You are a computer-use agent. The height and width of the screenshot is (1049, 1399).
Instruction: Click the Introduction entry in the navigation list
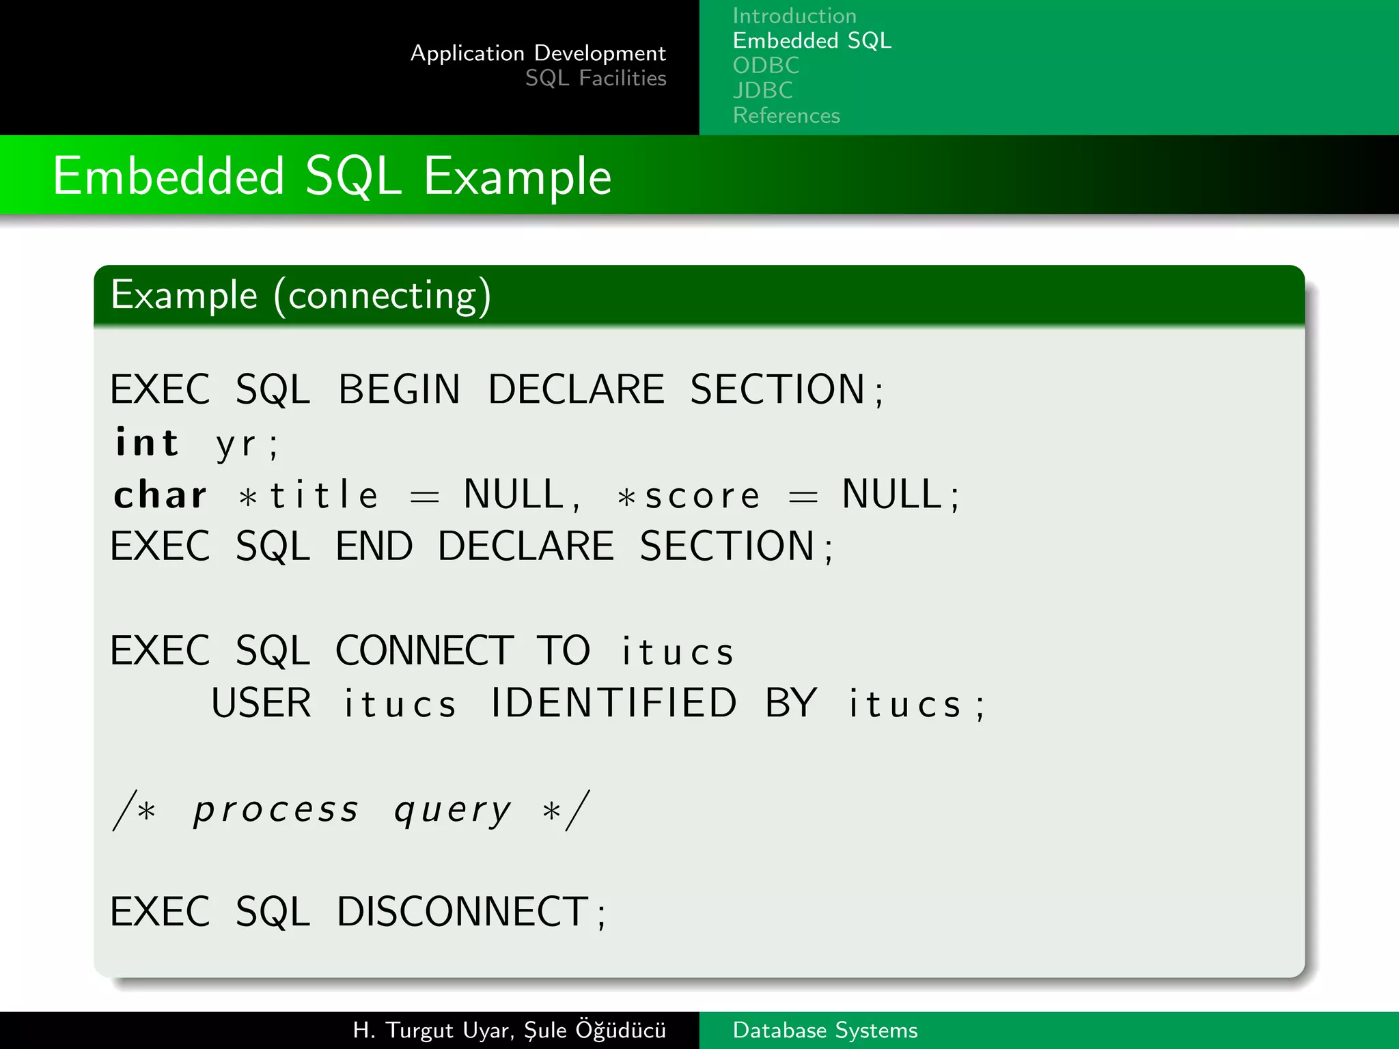point(794,16)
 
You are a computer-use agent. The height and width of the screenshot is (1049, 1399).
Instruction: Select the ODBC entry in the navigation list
point(765,66)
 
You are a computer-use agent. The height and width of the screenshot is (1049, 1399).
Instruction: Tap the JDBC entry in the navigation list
point(762,90)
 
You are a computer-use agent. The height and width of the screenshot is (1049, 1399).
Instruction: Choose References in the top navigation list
point(786,115)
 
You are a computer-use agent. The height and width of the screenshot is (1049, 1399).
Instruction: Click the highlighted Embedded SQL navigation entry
point(812,41)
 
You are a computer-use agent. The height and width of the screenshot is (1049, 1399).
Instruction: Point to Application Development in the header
point(538,53)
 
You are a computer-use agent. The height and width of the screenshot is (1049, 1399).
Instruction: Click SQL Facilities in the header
point(595,79)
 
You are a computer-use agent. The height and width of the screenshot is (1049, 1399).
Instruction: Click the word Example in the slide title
point(516,177)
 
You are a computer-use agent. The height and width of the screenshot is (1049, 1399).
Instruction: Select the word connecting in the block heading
point(382,296)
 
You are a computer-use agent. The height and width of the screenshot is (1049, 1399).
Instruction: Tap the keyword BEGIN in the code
point(399,390)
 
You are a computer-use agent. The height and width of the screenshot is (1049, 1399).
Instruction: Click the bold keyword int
point(147,443)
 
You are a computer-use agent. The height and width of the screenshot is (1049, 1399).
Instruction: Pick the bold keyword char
point(160,495)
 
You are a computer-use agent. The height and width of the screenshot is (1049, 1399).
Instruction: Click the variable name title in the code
point(324,495)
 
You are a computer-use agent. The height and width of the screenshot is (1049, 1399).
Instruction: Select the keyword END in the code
point(374,546)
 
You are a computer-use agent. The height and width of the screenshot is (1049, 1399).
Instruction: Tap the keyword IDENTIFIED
point(613,703)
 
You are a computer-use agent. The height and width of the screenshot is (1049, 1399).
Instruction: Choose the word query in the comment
point(452,811)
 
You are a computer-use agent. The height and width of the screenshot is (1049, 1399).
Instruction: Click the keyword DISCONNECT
point(462,912)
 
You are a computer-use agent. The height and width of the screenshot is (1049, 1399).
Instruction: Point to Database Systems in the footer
point(825,1030)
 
